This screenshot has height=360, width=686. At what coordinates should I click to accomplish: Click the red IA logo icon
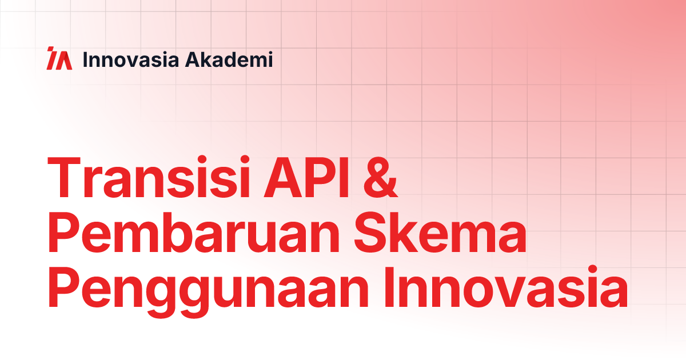click(59, 59)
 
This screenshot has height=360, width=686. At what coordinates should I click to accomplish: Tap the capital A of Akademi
click(194, 59)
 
